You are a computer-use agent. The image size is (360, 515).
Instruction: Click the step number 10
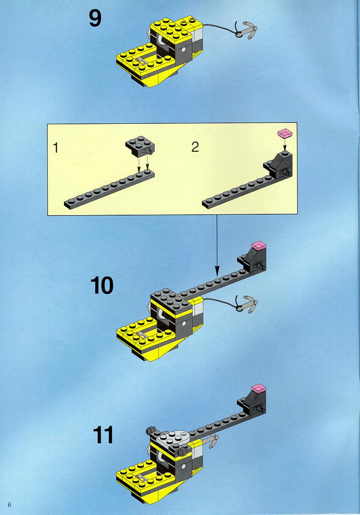[102, 285]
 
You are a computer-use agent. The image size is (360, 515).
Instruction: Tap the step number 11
[103, 435]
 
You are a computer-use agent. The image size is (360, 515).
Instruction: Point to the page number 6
[9, 505]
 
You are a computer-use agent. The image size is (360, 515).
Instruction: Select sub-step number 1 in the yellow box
[56, 148]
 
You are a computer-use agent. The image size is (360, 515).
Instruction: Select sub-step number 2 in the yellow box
[195, 146]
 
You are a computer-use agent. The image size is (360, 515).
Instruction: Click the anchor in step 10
[246, 304]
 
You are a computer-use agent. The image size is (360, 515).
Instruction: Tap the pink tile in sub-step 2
[284, 133]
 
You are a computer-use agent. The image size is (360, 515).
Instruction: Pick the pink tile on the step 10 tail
[258, 245]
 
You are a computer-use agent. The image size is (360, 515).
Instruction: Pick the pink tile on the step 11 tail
[259, 388]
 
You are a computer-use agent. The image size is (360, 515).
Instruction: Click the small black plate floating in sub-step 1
[140, 146]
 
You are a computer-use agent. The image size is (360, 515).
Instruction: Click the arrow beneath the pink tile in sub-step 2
[284, 144]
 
